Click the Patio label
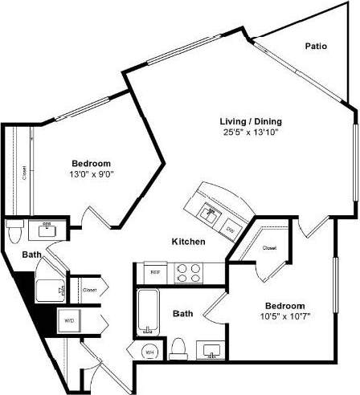point(316,47)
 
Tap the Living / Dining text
point(252,121)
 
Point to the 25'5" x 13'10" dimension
point(252,132)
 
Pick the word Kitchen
point(188,242)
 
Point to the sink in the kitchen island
point(211,213)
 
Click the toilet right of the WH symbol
point(178,348)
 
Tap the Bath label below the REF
point(183,314)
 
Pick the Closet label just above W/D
point(89,289)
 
